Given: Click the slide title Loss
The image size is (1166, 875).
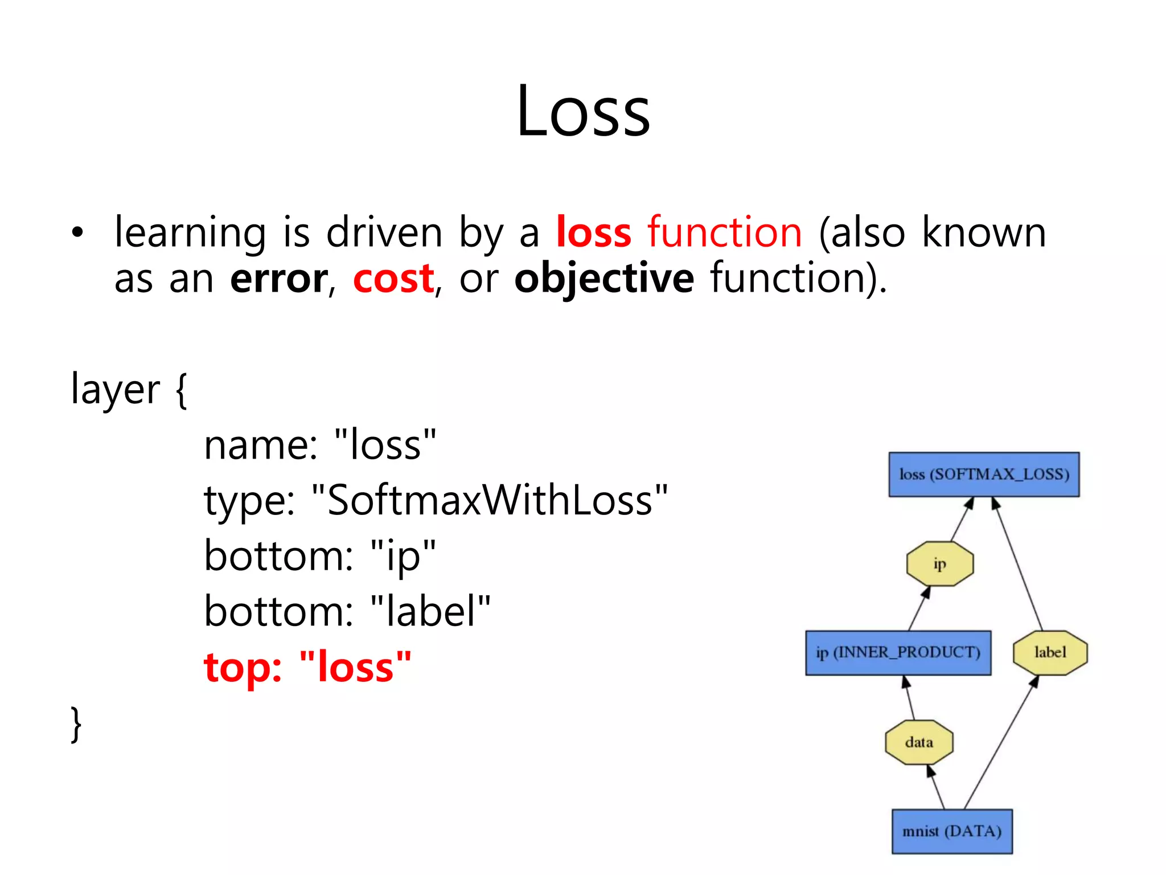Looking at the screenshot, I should pos(583,111).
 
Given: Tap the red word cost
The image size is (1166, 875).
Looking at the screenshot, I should pos(393,279).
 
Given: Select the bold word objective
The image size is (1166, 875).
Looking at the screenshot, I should pos(603,279).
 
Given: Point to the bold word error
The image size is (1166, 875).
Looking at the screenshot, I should pos(279,279).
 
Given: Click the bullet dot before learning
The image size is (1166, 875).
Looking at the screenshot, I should pos(77,233).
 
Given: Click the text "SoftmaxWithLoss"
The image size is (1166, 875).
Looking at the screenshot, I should pos(490,500).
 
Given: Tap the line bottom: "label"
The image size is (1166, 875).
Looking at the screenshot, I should pos(347,611).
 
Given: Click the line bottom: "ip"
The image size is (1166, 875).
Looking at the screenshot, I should pos(320,556).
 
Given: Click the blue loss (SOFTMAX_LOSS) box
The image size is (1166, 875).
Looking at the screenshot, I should pos(984,475).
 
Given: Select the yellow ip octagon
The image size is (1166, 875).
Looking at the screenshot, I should pos(939,564).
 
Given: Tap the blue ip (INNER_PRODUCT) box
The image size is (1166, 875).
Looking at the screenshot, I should pos(898,653).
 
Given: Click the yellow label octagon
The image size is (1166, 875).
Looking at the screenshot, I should pos(1050,653).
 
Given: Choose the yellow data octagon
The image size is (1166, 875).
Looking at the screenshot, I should pos(919,742).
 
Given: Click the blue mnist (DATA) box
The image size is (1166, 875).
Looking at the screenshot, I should pos(952,831).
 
